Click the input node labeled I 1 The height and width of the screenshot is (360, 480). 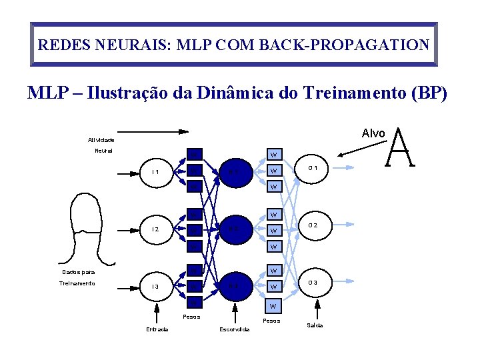click(x=155, y=172)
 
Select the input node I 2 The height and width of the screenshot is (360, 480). click(x=155, y=229)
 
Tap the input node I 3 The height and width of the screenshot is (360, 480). click(x=155, y=287)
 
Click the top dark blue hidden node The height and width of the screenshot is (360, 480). click(x=233, y=172)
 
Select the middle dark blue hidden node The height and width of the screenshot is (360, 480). click(x=233, y=229)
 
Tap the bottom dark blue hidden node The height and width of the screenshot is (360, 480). click(x=233, y=287)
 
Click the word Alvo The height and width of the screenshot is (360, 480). click(x=373, y=133)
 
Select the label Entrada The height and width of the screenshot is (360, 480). click(x=157, y=329)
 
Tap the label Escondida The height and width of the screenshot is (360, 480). click(x=234, y=329)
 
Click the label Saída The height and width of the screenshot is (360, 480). click(x=315, y=325)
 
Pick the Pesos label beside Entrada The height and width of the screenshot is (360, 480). click(x=191, y=316)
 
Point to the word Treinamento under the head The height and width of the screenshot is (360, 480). click(x=77, y=283)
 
